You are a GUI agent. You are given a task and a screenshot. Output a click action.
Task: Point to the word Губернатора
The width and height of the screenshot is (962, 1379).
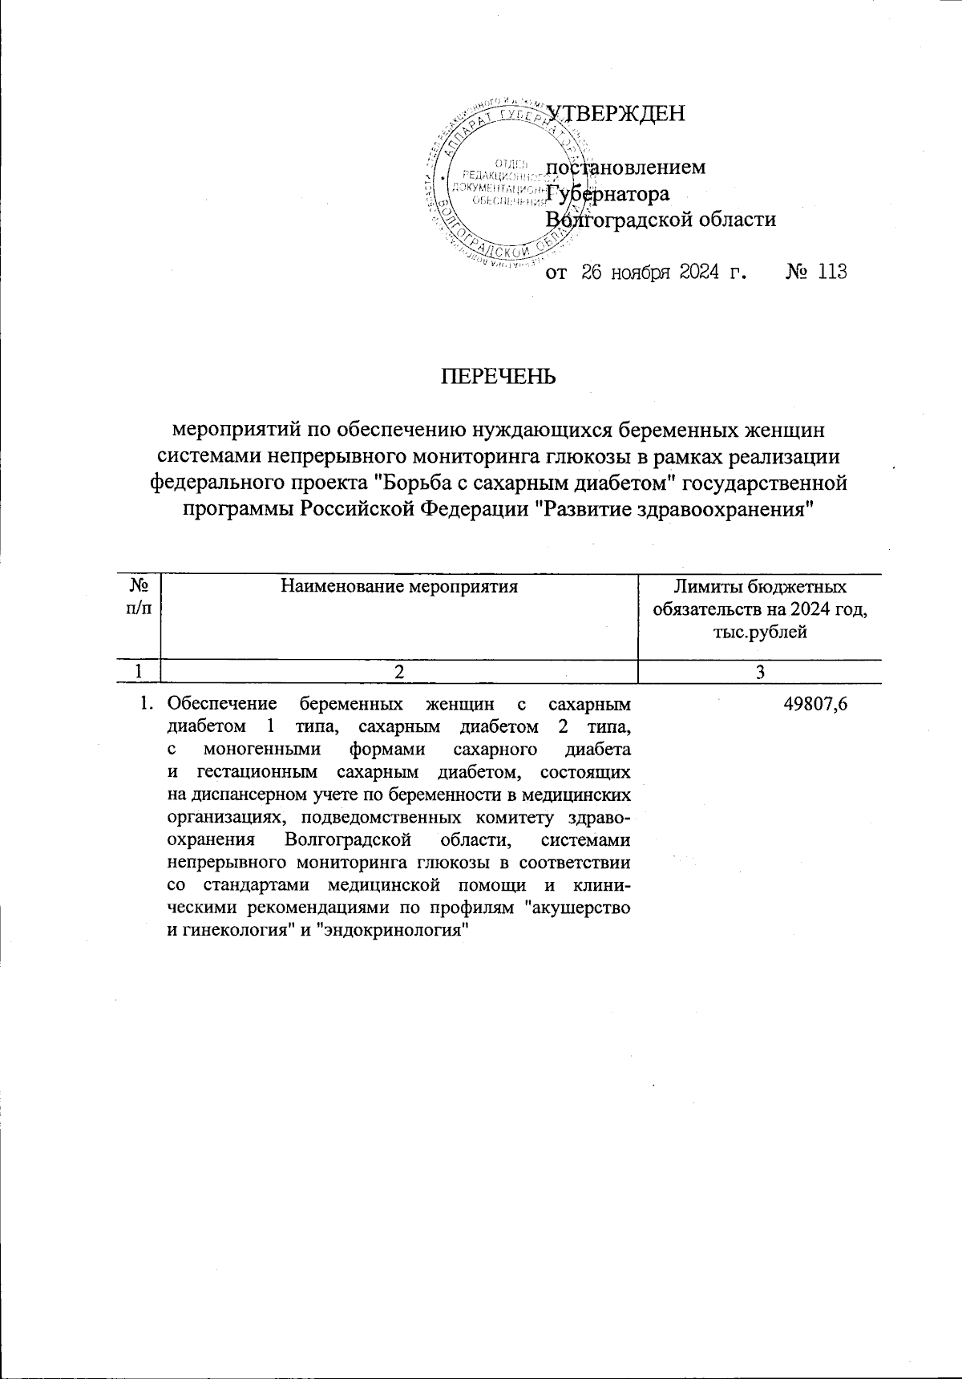point(607,194)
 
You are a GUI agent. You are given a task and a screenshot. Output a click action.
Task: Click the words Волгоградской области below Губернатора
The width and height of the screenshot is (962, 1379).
point(661,219)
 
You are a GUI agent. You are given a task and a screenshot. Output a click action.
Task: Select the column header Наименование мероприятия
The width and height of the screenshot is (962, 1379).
point(398,587)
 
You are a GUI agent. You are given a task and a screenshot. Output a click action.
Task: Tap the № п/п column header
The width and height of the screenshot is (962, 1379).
point(138,598)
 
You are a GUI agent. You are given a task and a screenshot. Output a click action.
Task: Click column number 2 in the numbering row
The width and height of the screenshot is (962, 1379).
point(398,672)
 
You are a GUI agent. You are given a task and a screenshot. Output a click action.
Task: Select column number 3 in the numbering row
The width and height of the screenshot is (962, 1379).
point(761,672)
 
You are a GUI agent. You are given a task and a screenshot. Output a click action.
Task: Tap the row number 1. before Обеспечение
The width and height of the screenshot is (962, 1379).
point(145,705)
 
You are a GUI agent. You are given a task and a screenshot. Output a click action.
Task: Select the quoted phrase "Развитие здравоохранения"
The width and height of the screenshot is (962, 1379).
point(674,509)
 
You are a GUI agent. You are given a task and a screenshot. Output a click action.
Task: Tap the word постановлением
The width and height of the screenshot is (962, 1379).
point(626,168)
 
